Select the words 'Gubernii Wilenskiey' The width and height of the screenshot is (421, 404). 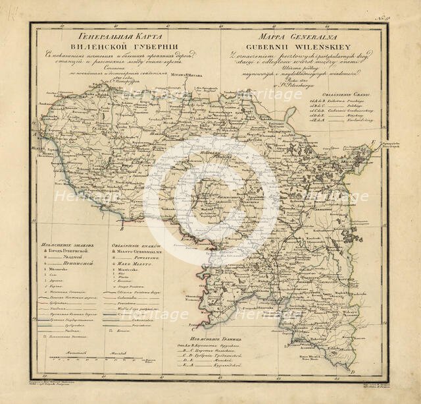(x=270, y=46)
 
